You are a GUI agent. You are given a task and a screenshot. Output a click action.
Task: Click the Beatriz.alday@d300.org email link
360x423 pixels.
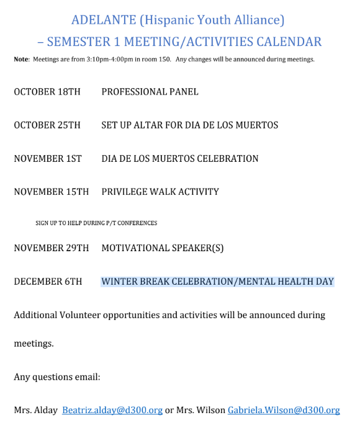(x=112, y=410)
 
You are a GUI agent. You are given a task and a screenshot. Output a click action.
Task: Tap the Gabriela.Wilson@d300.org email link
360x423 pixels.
(x=284, y=410)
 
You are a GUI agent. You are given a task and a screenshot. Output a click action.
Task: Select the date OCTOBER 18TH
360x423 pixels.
(x=47, y=92)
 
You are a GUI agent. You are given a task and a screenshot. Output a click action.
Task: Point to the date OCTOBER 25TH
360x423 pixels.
(x=47, y=125)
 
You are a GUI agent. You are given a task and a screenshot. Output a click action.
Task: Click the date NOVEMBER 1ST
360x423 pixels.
(x=48, y=159)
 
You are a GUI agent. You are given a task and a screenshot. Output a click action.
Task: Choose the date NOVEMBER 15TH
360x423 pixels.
(x=52, y=192)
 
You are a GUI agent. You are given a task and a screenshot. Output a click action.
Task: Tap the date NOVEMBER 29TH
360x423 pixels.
(x=52, y=248)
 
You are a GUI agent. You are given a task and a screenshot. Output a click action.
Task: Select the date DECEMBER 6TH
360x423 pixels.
(x=48, y=282)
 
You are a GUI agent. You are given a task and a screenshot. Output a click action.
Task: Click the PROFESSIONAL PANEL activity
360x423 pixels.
(x=150, y=92)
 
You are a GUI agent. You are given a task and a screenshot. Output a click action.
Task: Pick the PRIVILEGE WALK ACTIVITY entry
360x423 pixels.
(x=160, y=192)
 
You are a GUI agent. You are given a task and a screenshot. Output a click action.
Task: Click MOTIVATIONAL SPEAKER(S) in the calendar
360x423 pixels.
(x=162, y=248)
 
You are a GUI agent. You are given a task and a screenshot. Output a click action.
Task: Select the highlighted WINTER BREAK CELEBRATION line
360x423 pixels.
(x=217, y=282)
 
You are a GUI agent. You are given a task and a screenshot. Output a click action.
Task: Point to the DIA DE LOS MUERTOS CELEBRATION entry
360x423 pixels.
(x=180, y=159)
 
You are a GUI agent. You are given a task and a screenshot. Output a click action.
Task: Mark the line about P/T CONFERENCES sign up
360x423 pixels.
(x=96, y=223)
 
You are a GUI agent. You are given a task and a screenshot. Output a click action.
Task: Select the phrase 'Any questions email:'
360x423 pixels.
(x=57, y=376)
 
